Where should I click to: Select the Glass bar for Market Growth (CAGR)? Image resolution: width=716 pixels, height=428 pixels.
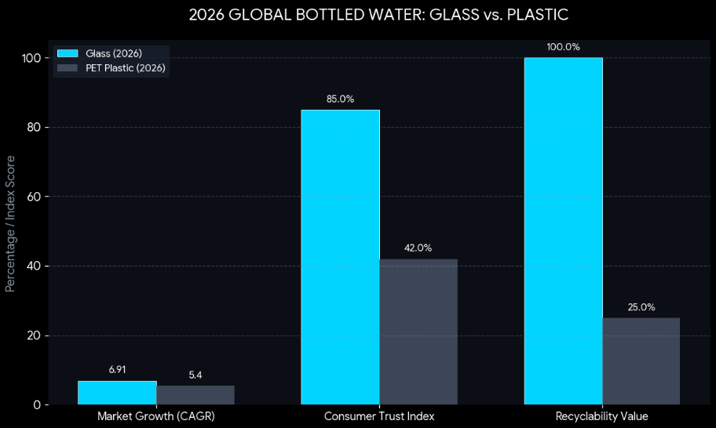[117, 393]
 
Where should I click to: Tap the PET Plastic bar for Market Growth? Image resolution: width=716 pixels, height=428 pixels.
[195, 395]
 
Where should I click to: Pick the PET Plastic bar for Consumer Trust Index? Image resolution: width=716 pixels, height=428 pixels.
[418, 332]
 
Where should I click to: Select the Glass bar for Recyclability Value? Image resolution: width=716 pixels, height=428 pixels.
[563, 231]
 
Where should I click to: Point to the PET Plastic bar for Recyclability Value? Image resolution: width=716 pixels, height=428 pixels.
[641, 361]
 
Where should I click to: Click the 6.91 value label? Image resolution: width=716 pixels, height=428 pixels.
[117, 369]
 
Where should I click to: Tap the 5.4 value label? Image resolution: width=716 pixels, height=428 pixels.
[195, 375]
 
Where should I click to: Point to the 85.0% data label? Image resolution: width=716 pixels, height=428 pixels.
[340, 99]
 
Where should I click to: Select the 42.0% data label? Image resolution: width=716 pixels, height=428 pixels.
[418, 248]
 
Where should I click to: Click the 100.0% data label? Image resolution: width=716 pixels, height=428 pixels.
[563, 47]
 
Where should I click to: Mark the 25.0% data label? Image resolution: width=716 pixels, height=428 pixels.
[641, 307]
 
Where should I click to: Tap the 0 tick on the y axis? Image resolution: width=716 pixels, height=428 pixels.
[38, 405]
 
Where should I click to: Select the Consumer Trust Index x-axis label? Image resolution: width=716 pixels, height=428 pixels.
[379, 415]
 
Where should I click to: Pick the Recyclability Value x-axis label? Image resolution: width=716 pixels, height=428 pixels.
[602, 415]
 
